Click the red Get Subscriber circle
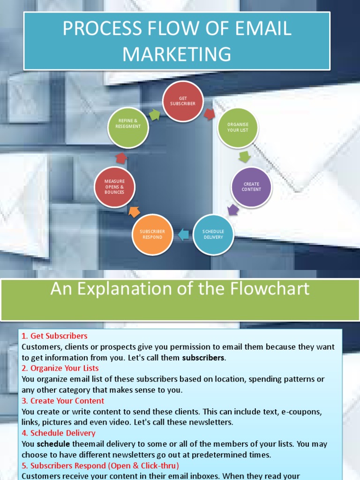pyautogui.click(x=183, y=101)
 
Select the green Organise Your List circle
pyautogui.click(x=238, y=127)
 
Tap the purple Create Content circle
pyautogui.click(x=251, y=187)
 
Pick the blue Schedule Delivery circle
pyautogui.click(x=213, y=234)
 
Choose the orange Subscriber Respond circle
pyautogui.click(x=152, y=234)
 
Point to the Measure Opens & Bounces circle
pyautogui.click(x=115, y=187)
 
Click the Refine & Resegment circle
pyautogui.click(x=128, y=127)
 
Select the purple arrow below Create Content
pyautogui.click(x=233, y=209)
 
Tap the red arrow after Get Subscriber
pyautogui.click(x=210, y=114)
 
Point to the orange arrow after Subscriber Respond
pyautogui.click(x=134, y=211)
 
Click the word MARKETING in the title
pyautogui.click(x=177, y=54)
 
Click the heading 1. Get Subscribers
pyautogui.click(x=54, y=336)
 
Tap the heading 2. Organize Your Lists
pyautogui.click(x=60, y=368)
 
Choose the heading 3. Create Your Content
pyautogui.click(x=63, y=401)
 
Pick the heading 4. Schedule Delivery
pyautogui.click(x=58, y=433)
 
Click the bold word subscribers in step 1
pyautogui.click(x=203, y=358)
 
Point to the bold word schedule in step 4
pyautogui.click(x=53, y=444)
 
